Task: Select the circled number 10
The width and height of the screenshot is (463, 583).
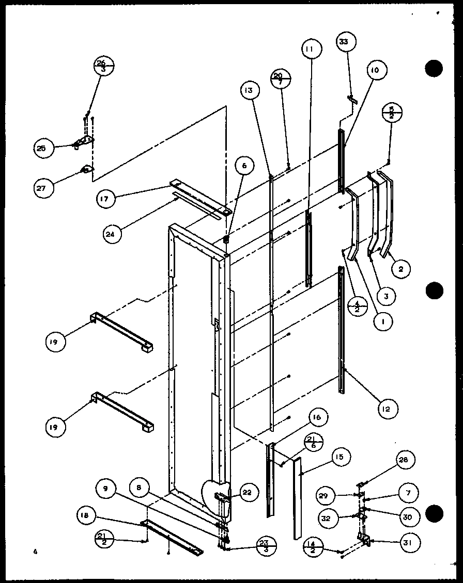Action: pyautogui.click(x=375, y=70)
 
